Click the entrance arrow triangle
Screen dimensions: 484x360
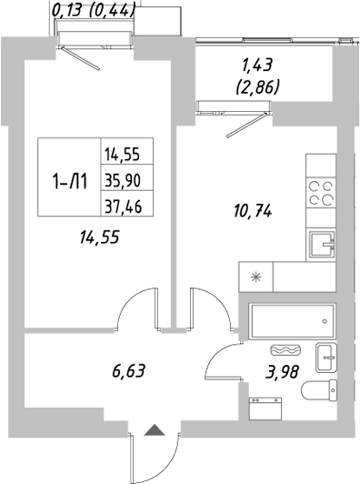pos(155,430)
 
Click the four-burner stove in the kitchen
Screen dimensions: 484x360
pos(320,194)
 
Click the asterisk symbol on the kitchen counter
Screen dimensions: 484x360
pos(255,277)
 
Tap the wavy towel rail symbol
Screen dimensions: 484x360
pos(285,349)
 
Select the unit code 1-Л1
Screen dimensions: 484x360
pos(69,178)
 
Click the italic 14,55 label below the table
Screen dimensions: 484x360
pos(100,237)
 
